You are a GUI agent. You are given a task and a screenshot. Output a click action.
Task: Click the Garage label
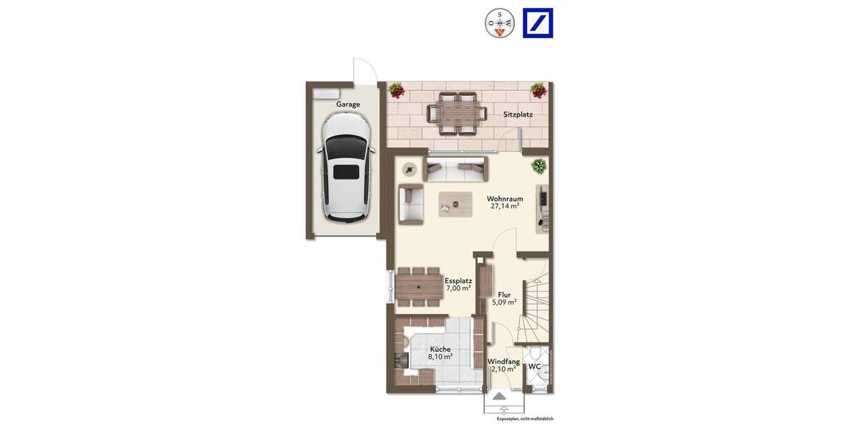click(x=348, y=104)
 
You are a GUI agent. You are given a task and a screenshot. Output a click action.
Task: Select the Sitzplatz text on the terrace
click(x=518, y=114)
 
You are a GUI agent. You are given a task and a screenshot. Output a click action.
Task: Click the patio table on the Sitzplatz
click(x=456, y=113)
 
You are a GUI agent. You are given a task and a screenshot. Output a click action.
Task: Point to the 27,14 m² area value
click(x=504, y=206)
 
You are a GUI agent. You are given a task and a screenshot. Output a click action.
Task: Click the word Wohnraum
click(x=505, y=198)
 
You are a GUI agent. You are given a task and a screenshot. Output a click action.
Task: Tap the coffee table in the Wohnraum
click(x=455, y=204)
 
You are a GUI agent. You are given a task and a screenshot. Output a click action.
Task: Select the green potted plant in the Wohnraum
click(x=539, y=167)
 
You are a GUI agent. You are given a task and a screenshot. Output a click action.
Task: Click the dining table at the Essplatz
click(x=420, y=287)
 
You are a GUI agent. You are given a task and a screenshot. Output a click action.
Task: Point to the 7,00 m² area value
click(x=458, y=289)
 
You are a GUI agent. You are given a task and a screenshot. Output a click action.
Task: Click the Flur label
click(x=504, y=294)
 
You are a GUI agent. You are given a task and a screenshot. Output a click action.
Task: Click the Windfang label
click(x=503, y=362)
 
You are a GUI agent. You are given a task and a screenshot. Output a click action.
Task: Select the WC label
click(x=534, y=367)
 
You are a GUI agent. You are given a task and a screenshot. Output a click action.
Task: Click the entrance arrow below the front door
click(x=499, y=395)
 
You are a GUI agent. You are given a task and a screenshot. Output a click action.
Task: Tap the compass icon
click(x=500, y=23)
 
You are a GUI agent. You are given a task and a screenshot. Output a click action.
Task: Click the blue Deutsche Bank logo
click(x=538, y=23)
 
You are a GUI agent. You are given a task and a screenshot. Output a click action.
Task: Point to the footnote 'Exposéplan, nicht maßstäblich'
click(x=525, y=419)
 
